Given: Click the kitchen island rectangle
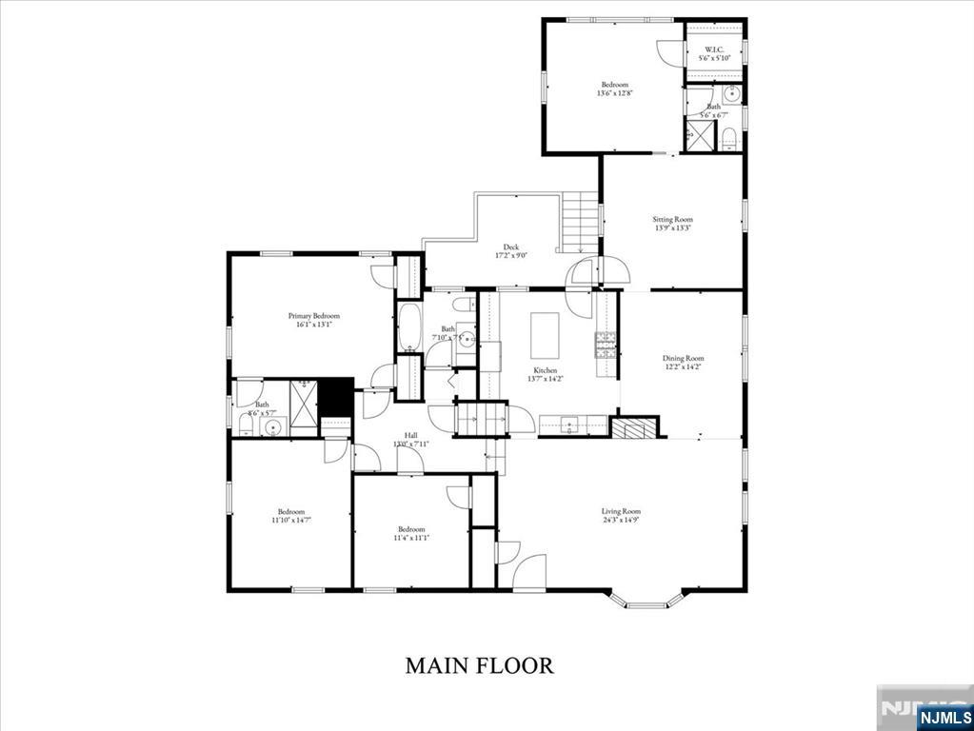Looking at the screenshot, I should [x=544, y=333].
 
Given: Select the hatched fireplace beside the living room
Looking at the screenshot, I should [x=634, y=427].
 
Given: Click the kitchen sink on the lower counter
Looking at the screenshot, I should [x=570, y=425].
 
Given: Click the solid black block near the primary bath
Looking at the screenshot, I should [x=335, y=397].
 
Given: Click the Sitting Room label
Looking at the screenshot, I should [x=672, y=219].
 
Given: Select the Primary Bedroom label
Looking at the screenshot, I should [x=313, y=315].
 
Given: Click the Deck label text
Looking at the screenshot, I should [x=510, y=247].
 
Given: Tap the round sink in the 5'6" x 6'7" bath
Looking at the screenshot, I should [x=730, y=93].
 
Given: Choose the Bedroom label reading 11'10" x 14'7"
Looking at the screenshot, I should [x=290, y=520].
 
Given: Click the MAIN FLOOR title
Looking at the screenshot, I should [x=479, y=664].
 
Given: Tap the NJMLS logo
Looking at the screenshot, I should [x=944, y=716].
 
